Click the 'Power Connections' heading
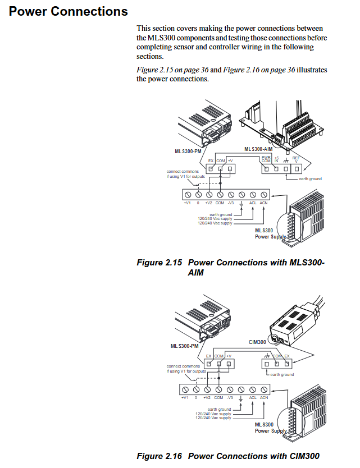pyautogui.click(x=68, y=11)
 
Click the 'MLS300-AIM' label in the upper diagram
pyautogui.click(x=259, y=149)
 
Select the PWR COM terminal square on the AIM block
pyautogui.click(x=266, y=168)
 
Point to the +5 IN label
pyautogui.click(x=276, y=160)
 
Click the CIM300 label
pyautogui.click(x=257, y=342)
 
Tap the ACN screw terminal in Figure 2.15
pyautogui.click(x=263, y=194)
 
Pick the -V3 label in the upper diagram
pyautogui.click(x=230, y=203)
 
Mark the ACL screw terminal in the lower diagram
pyautogui.click(x=253, y=389)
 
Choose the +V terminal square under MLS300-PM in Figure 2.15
pyautogui.click(x=230, y=168)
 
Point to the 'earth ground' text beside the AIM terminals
pyautogui.click(x=310, y=179)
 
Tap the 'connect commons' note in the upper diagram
pyautogui.click(x=183, y=171)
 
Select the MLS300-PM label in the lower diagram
pyautogui.click(x=185, y=346)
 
